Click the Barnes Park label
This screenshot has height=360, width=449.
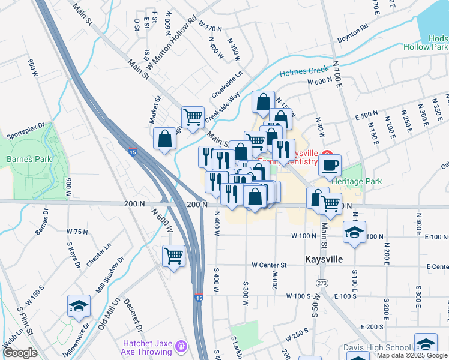(28, 159)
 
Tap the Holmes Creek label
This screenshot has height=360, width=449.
(305, 71)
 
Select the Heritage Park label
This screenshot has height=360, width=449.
(357, 181)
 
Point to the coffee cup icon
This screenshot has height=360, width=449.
(329, 165)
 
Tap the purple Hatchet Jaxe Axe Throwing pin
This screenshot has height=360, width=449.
(181, 346)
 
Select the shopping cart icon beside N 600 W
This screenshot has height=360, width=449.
(173, 256)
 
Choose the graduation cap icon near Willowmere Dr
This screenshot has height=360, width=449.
(79, 306)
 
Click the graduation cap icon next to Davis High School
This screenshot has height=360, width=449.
(426, 344)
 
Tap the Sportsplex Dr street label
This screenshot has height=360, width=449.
(26, 131)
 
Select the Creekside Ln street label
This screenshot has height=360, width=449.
(226, 86)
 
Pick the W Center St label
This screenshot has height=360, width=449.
(271, 265)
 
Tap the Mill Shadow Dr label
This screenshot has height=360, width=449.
(110, 274)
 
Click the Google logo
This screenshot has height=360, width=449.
(20, 353)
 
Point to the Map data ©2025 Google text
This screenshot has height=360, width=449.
(411, 355)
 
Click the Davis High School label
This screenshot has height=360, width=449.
(378, 347)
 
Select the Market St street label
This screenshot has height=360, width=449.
(156, 109)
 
